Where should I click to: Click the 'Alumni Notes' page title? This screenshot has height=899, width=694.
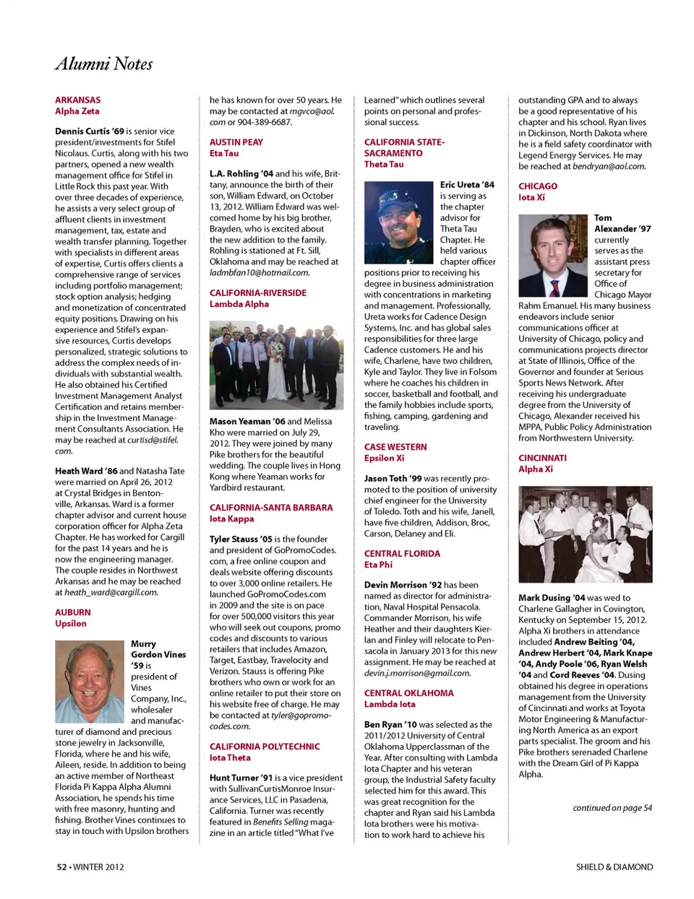(x=104, y=64)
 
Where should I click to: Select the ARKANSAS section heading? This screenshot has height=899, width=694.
(x=78, y=100)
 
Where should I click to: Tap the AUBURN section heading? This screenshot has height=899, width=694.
(x=73, y=612)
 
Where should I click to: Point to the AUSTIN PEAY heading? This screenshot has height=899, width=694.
(x=236, y=142)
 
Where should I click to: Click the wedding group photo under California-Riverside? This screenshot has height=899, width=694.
(x=276, y=366)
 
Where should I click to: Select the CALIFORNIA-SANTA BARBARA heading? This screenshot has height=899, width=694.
(x=271, y=508)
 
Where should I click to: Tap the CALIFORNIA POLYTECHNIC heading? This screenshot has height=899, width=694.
(x=265, y=747)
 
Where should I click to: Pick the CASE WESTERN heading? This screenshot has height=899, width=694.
(x=395, y=447)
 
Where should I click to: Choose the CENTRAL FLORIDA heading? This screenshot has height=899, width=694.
(x=402, y=554)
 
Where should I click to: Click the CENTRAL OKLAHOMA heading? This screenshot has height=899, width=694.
(x=409, y=693)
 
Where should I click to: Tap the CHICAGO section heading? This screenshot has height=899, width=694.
(x=538, y=186)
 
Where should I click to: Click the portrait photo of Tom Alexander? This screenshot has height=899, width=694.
(x=553, y=256)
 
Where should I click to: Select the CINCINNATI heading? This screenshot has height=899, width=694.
(x=542, y=458)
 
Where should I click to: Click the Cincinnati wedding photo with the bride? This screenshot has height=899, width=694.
(x=586, y=534)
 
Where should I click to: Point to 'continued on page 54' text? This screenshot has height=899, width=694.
(x=612, y=808)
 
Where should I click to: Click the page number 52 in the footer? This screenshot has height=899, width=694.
(x=62, y=867)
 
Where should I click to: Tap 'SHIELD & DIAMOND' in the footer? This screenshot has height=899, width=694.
(x=614, y=867)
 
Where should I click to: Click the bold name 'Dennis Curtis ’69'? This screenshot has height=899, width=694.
(x=90, y=131)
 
